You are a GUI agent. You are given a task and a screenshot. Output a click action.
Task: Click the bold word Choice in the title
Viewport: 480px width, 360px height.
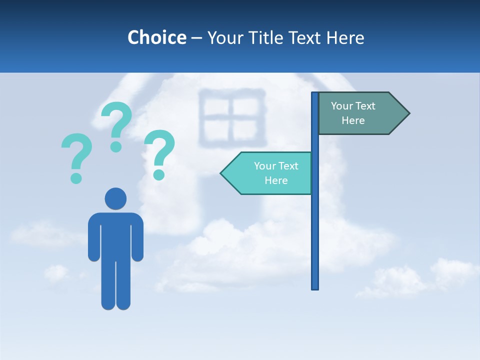click(156, 37)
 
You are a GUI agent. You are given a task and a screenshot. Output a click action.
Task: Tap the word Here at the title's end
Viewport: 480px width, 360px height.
click(345, 37)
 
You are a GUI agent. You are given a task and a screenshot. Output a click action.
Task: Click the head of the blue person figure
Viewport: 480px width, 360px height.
click(115, 198)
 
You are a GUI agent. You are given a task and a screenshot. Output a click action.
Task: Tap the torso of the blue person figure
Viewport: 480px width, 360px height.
click(115, 235)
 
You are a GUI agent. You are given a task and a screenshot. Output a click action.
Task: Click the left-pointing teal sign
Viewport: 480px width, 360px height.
click(270, 173)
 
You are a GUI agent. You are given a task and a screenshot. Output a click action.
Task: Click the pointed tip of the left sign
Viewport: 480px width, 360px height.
click(222, 173)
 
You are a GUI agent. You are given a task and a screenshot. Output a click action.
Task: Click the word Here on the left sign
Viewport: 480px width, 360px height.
click(276, 180)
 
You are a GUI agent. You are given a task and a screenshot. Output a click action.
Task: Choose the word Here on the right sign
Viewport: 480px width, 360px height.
click(353, 120)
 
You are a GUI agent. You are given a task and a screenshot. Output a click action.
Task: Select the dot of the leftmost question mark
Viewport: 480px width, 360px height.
click(76, 177)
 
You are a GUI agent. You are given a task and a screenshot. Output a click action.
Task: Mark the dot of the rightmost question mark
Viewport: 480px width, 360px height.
click(159, 174)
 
